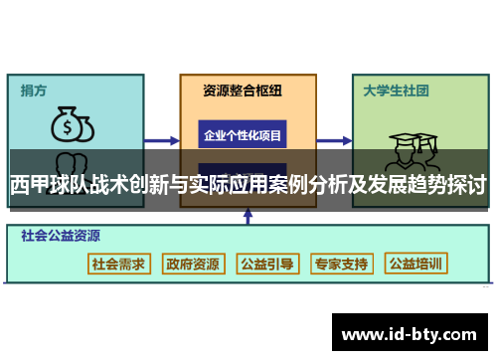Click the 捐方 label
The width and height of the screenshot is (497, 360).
tap(34, 90)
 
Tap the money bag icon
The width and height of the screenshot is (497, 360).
tap(72, 125)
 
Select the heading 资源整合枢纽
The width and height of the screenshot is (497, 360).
tap(243, 90)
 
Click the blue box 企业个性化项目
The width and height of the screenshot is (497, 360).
tap(243, 135)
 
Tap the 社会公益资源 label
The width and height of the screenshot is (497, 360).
tap(61, 237)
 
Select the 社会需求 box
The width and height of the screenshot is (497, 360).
tap(118, 265)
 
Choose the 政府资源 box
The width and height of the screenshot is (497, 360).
tap(193, 265)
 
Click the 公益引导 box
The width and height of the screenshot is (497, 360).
tap(266, 265)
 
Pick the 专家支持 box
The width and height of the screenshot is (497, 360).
tap(341, 265)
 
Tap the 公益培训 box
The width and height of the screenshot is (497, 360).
tap(415, 265)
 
